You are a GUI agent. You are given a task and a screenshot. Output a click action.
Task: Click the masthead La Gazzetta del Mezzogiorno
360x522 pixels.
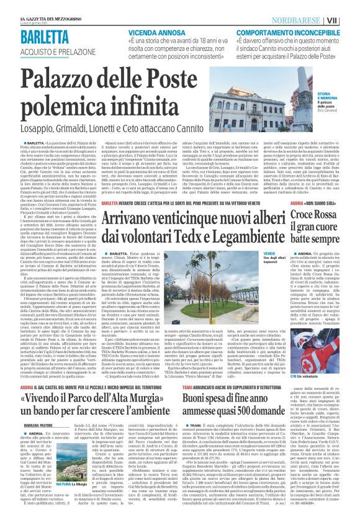click(46, 7)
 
